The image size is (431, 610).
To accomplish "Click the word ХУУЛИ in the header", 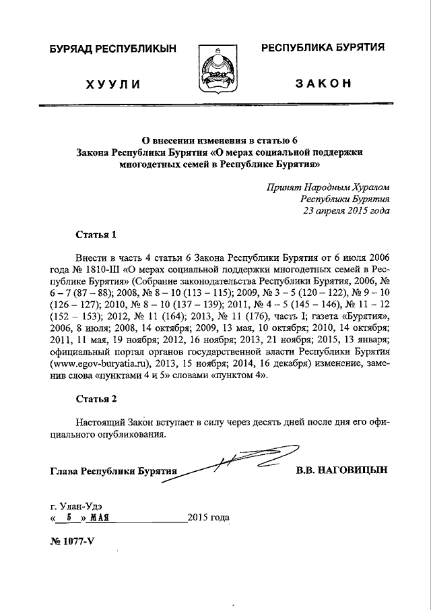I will click(x=112, y=84).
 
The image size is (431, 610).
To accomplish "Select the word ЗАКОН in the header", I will click(x=323, y=83).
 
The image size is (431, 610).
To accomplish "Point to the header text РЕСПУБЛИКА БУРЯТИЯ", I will click(x=323, y=47).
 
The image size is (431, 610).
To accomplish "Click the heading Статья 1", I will click(x=96, y=235).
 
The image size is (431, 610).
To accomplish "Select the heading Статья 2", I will click(x=96, y=399).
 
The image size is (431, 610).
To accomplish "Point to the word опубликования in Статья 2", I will click(x=132, y=435).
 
